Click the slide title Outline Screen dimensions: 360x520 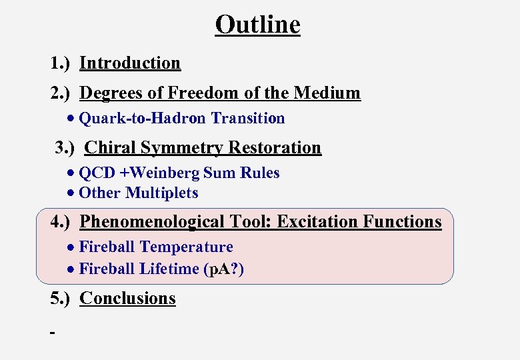click(x=257, y=25)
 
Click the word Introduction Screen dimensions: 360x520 click(x=130, y=63)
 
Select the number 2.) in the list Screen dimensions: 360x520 click(x=62, y=93)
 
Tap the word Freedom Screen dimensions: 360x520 click(x=200, y=93)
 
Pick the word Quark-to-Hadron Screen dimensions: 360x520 click(x=143, y=119)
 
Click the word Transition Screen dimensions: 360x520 click(x=248, y=119)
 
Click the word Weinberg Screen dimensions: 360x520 click(x=168, y=173)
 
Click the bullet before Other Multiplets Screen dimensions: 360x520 click(x=71, y=194)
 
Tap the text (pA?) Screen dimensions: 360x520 click(x=224, y=269)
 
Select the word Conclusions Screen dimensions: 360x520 click(x=127, y=299)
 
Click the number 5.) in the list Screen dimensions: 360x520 click(x=62, y=299)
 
